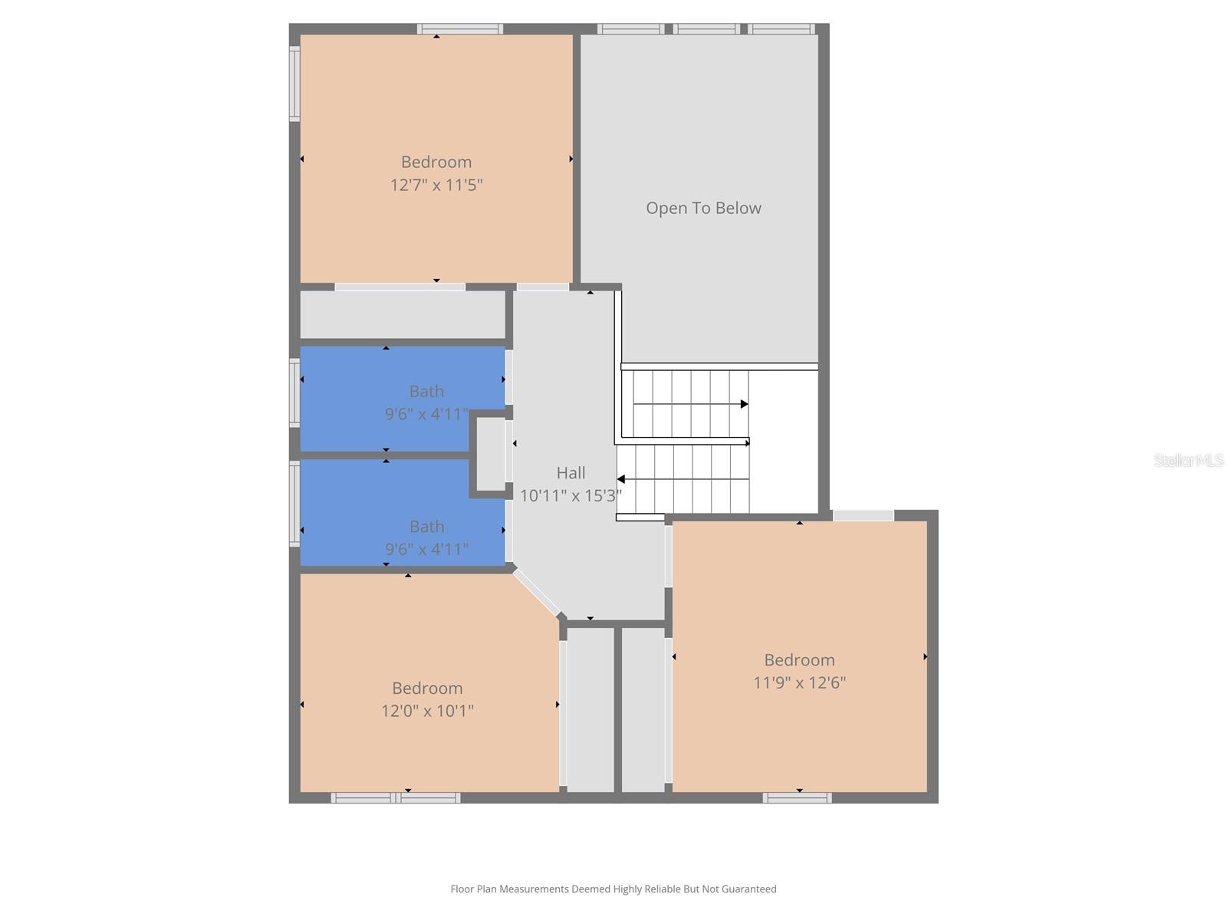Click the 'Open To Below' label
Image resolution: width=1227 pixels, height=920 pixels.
[x=703, y=208]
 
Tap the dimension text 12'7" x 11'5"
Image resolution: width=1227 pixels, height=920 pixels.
[x=436, y=185]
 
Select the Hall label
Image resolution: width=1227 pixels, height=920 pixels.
[x=571, y=473]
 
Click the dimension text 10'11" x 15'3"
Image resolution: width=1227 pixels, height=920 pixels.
[x=571, y=495]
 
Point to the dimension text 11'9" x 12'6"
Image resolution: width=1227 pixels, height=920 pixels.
[x=799, y=682]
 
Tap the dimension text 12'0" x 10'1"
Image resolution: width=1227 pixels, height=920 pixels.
[x=427, y=711]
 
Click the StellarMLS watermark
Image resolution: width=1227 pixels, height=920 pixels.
[x=1189, y=460]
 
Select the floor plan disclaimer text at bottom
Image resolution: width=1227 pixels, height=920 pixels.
[x=613, y=889]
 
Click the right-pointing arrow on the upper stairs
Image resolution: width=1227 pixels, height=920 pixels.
[x=743, y=404]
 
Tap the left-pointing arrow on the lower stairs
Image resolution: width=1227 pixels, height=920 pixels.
[x=622, y=479]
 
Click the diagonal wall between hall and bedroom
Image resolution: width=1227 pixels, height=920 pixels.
[x=537, y=593]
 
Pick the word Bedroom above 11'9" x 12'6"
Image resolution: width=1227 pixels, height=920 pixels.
[x=799, y=659]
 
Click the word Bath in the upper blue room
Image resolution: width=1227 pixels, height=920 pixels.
[x=426, y=391]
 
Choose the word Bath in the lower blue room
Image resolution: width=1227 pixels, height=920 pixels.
[x=426, y=527]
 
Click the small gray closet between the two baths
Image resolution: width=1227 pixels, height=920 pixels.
[x=492, y=454]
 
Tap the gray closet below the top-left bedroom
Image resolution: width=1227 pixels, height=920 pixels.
[x=402, y=314]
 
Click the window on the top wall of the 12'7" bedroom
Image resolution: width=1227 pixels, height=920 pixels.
[x=460, y=29]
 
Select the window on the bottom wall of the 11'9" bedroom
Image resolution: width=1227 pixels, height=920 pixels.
[x=797, y=798]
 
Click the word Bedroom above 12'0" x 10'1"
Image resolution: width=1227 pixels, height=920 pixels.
[x=427, y=688]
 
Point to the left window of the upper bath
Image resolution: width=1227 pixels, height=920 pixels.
[x=294, y=393]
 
